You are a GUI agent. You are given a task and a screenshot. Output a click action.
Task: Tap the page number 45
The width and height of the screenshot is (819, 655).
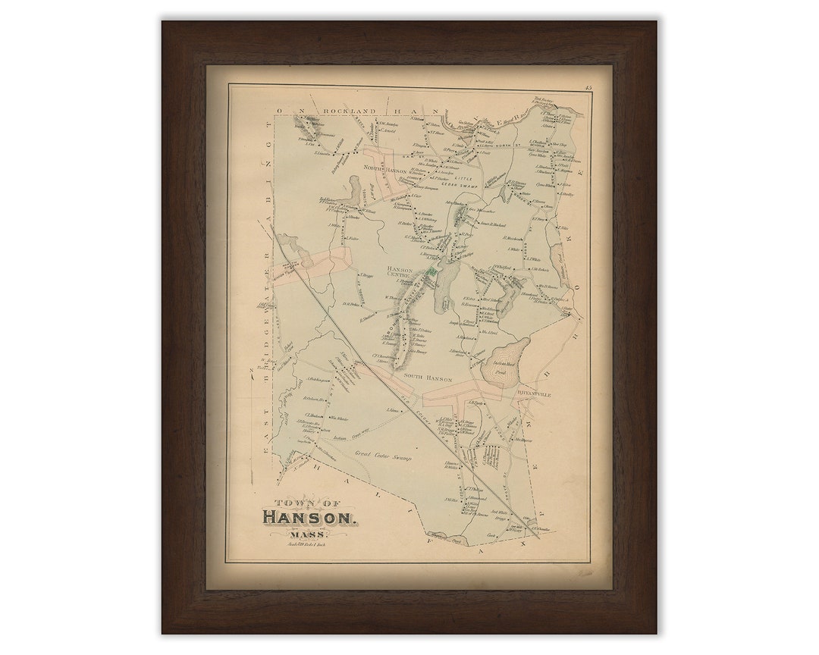pos(588,89)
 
